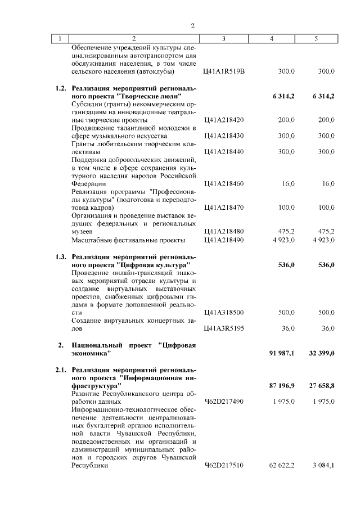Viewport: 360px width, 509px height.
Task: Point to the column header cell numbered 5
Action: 316,39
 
